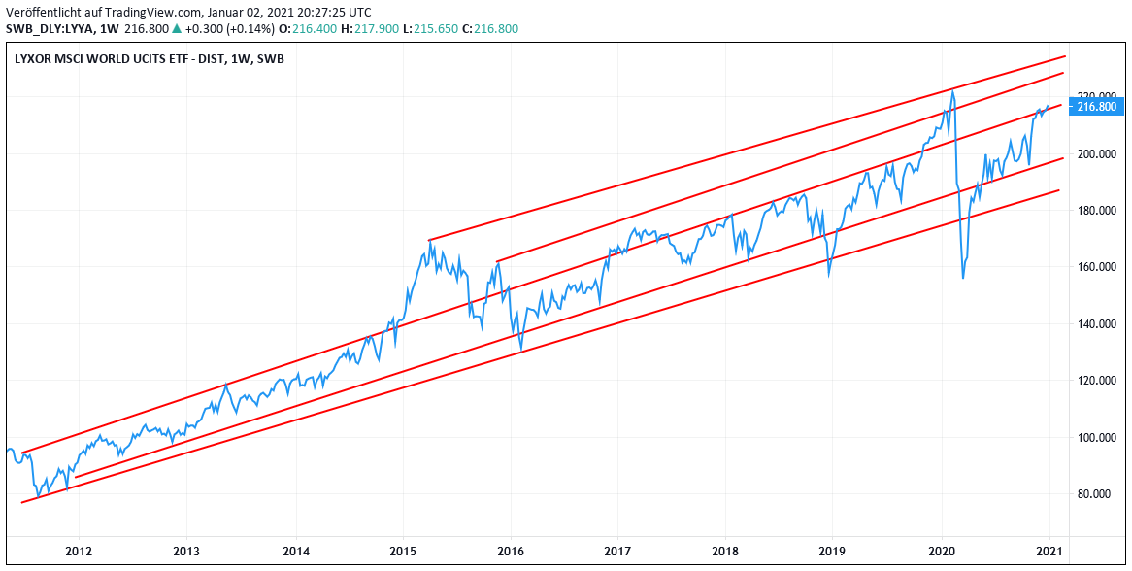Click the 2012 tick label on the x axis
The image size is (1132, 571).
coord(79,552)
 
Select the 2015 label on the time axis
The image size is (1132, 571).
coord(403,552)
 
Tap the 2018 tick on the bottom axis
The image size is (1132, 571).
coord(724,552)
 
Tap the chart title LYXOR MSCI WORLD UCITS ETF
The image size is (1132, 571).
coord(117,58)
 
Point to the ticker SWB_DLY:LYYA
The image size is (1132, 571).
coord(50,29)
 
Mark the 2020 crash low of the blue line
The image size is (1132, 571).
coord(962,278)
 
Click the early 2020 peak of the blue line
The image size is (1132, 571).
coord(952,91)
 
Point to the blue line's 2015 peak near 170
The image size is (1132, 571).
coord(429,242)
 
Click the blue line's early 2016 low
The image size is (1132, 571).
coord(521,349)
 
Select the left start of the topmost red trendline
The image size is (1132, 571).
coord(429,240)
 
